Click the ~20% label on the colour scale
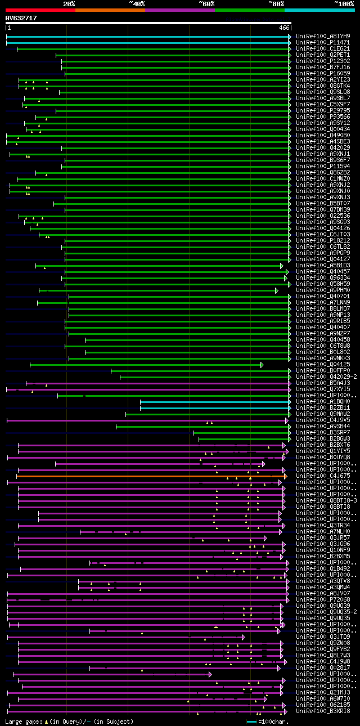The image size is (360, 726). pos(69,4)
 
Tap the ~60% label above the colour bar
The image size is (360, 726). pos(206,4)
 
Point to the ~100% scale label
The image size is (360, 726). pos(344,4)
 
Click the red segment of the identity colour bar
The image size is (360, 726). pos(40,10)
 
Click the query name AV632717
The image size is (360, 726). pos(21,18)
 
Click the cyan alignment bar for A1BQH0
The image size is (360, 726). pos(214,402)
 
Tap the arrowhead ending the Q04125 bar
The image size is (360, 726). pos(262,365)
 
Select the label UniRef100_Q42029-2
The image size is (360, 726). pos(326,377)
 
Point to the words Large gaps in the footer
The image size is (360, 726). pos(24,721)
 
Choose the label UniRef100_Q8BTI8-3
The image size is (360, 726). pos(326,501)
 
